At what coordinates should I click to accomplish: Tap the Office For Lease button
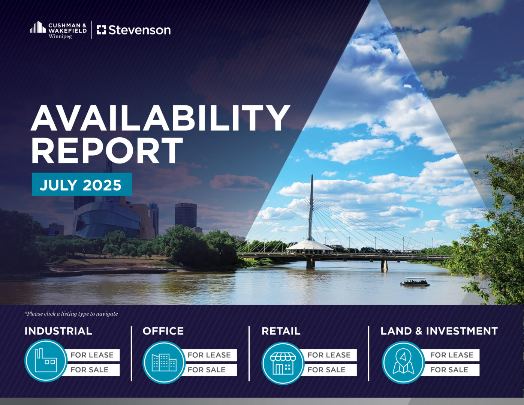(209, 355)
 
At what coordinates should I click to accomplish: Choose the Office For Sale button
(209, 369)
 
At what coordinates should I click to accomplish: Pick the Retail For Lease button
(329, 355)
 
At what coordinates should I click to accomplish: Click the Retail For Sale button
(329, 369)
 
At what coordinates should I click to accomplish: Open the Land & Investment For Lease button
(451, 355)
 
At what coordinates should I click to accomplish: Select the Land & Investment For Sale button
(451, 369)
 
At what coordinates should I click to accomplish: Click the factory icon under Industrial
(46, 361)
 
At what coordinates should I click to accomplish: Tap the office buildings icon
(164, 362)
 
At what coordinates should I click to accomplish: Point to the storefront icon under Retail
(283, 363)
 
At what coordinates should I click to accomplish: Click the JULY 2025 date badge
(82, 184)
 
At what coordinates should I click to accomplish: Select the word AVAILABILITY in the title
(160, 118)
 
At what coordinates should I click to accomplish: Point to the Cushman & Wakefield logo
(58, 30)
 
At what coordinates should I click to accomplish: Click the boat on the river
(415, 282)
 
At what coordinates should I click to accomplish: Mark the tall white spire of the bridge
(311, 207)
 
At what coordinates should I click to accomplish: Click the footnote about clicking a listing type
(71, 314)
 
